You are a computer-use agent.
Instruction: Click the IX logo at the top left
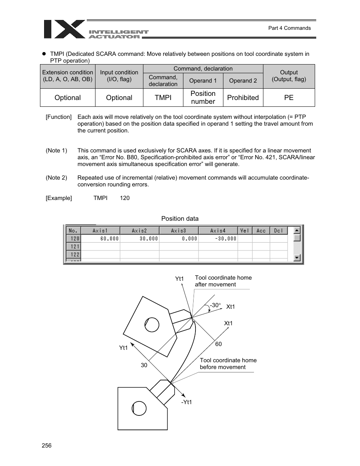pyautogui.click(x=64, y=29)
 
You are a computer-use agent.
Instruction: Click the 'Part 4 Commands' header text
pyautogui.click(x=289, y=28)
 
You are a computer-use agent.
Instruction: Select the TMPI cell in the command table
pyautogui.click(x=163, y=98)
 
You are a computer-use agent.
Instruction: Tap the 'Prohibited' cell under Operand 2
pyautogui.click(x=243, y=98)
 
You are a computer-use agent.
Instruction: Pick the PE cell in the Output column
pyautogui.click(x=289, y=98)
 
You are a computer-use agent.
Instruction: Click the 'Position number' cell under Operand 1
pyautogui.click(x=203, y=98)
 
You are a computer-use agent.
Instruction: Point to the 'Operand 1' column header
pyautogui.click(x=203, y=81)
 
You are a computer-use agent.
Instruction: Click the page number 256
pyautogui.click(x=46, y=446)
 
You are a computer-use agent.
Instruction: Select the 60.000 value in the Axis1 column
pyautogui.click(x=109, y=238)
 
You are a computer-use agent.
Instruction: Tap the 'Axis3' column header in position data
pyautogui.click(x=178, y=231)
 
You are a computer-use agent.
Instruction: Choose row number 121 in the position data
pyautogui.click(x=74, y=246)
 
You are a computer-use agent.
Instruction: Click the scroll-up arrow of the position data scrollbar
pyautogui.click(x=297, y=230)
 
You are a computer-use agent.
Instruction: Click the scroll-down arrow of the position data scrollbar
pyautogui.click(x=297, y=258)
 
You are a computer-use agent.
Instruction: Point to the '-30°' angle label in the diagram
pyautogui.click(x=215, y=305)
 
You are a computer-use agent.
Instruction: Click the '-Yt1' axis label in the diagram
pyautogui.click(x=186, y=402)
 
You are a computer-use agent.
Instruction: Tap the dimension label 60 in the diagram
pyautogui.click(x=218, y=344)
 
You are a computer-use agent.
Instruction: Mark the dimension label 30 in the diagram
pyautogui.click(x=144, y=365)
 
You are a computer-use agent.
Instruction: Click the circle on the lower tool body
pyautogui.click(x=139, y=408)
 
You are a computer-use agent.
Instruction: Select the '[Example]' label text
pyautogui.click(x=59, y=198)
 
